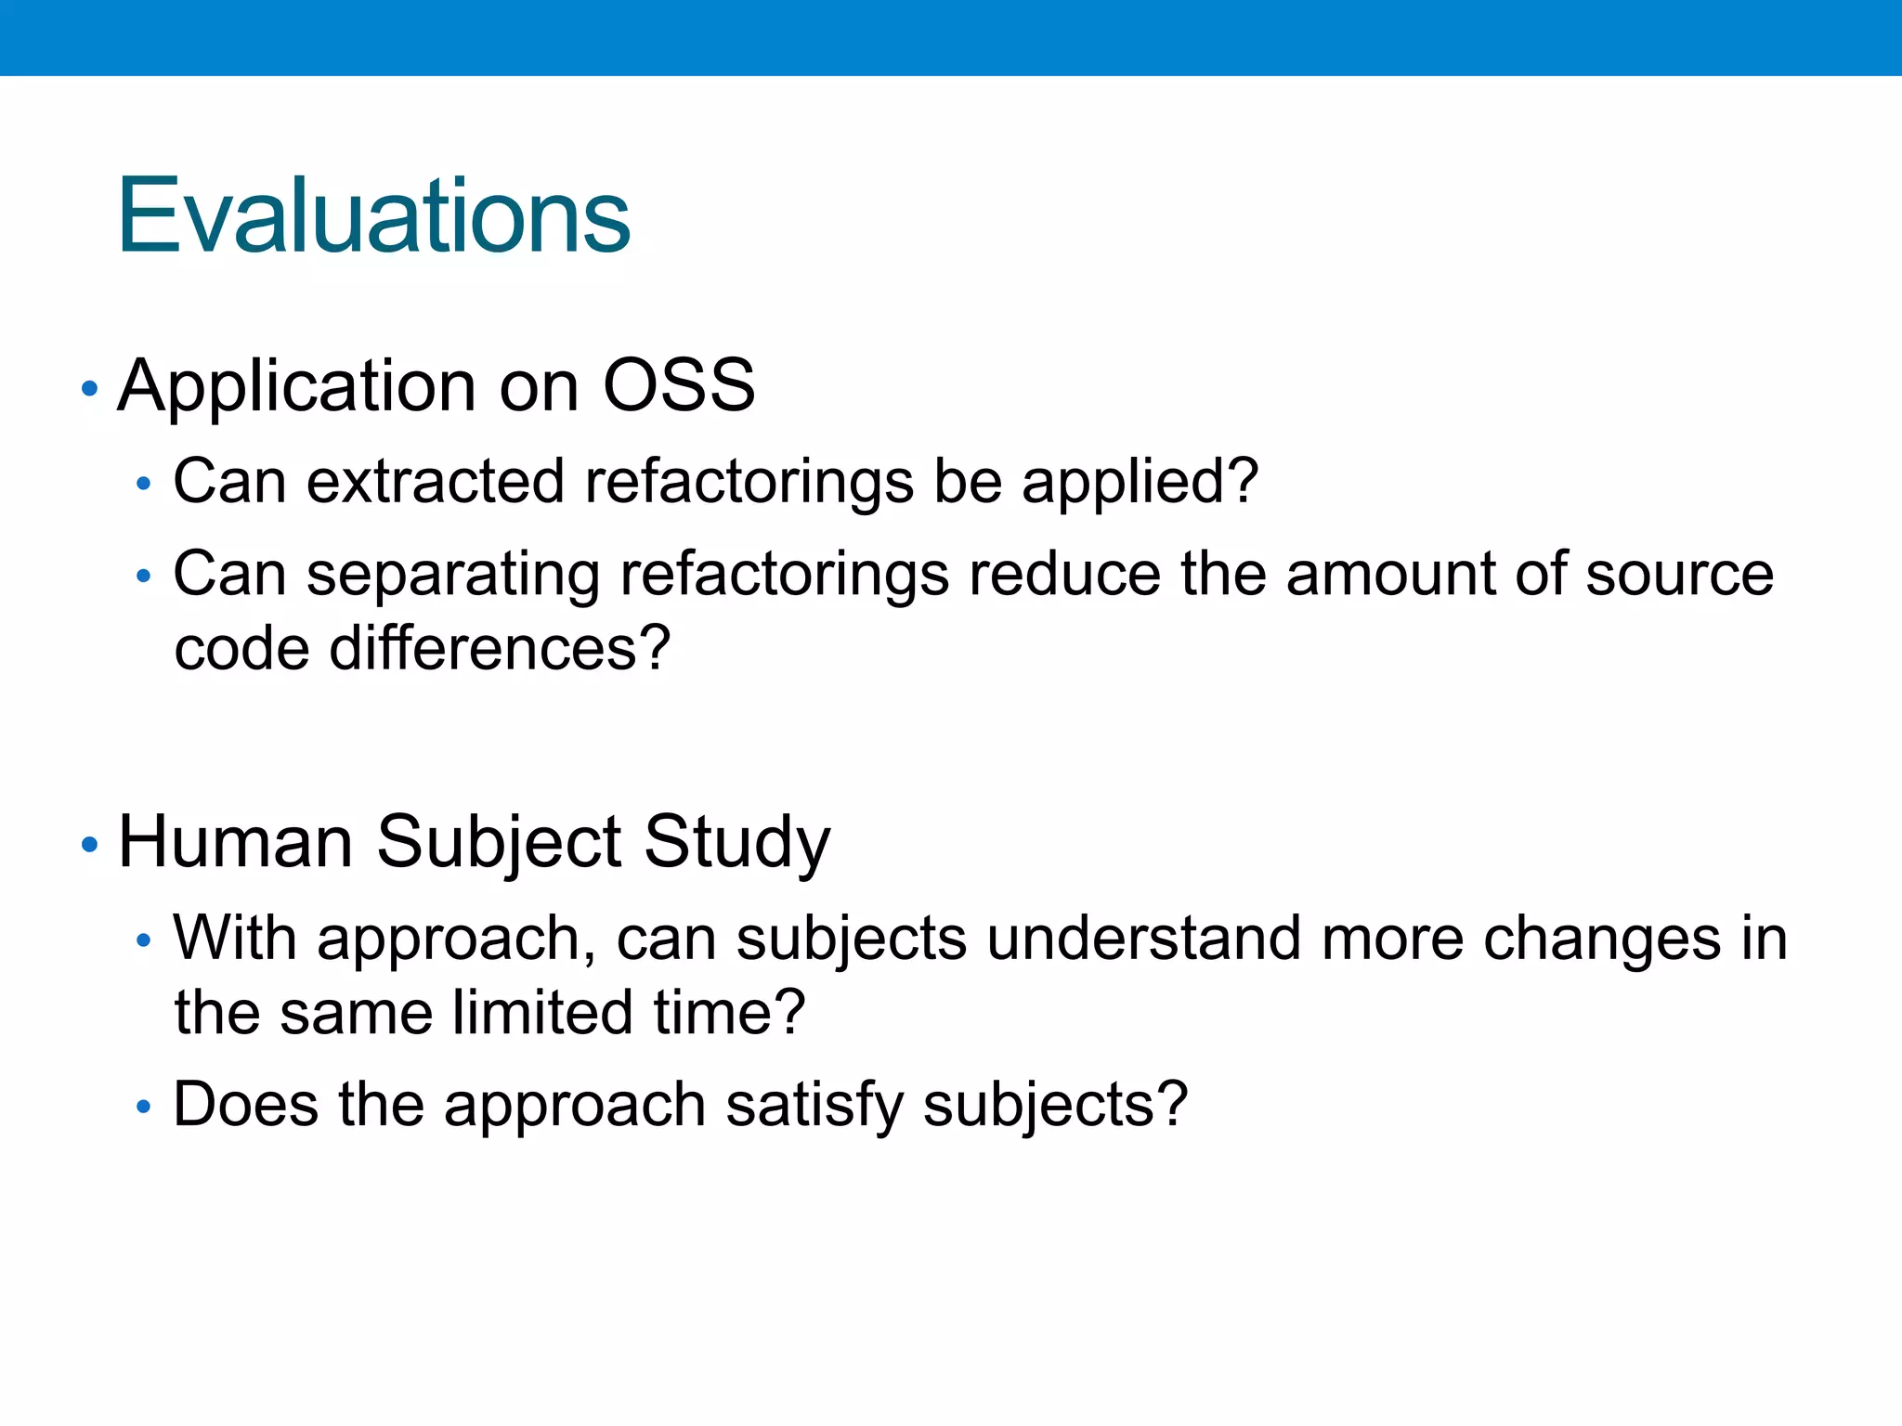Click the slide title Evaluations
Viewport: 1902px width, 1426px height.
click(373, 216)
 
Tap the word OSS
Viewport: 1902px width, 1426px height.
click(678, 385)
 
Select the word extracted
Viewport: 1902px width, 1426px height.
click(435, 482)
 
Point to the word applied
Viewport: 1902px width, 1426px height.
click(1139, 484)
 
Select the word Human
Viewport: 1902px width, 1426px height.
click(235, 842)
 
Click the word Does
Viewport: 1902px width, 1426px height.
click(245, 1105)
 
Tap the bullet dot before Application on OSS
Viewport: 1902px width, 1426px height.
click(89, 388)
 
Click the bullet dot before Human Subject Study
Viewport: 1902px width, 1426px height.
click(89, 845)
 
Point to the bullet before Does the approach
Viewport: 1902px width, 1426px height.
click(142, 1107)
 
